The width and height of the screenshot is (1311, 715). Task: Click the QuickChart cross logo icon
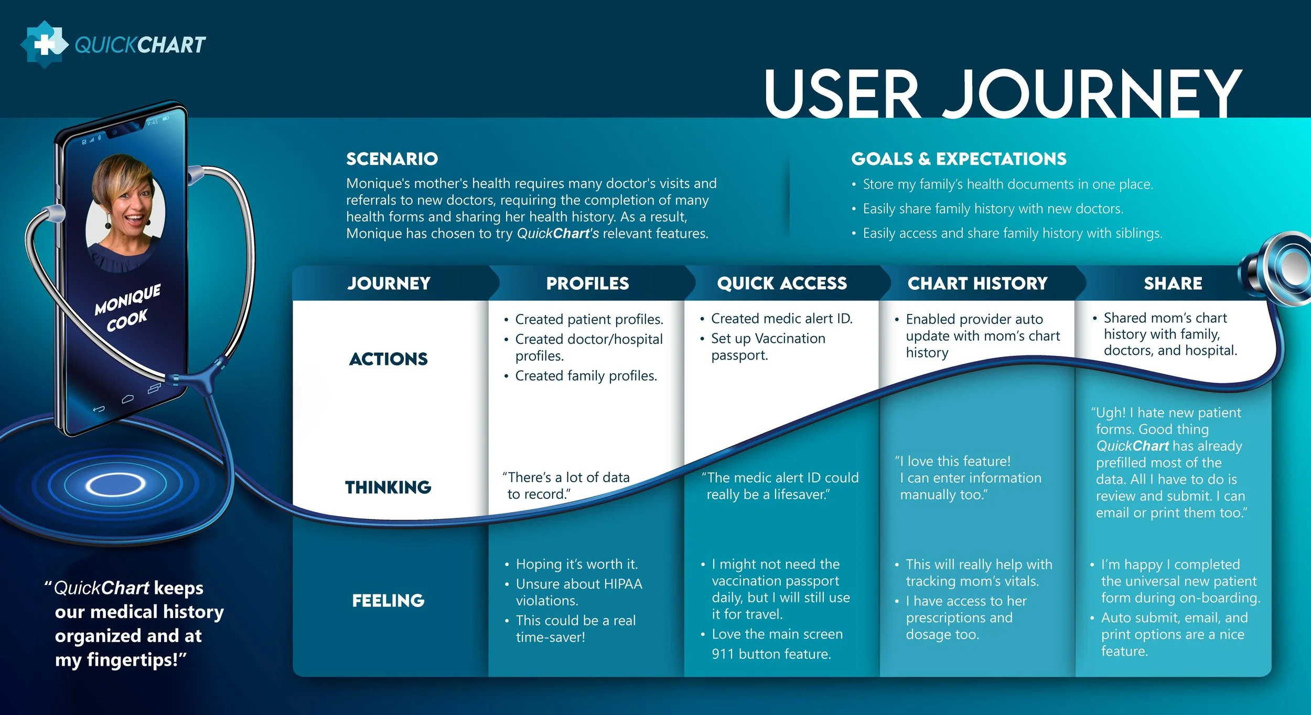[44, 45]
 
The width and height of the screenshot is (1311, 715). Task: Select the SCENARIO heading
[392, 159]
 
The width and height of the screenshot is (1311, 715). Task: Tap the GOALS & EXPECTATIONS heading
[959, 159]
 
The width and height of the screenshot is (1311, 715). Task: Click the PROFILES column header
[587, 284]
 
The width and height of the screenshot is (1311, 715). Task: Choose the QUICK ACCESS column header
[781, 284]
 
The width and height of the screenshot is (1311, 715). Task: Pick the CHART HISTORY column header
[977, 284]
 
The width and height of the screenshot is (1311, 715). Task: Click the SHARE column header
[1173, 284]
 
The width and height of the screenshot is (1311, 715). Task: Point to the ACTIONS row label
[389, 359]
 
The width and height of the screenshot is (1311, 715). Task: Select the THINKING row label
[388, 487]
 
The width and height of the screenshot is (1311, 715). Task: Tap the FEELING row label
[388, 601]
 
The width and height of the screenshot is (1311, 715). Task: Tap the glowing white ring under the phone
[115, 485]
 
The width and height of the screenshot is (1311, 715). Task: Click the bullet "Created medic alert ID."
[781, 319]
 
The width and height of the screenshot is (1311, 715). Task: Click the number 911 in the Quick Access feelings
[723, 654]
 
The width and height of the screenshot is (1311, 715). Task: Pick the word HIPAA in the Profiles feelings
[623, 584]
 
